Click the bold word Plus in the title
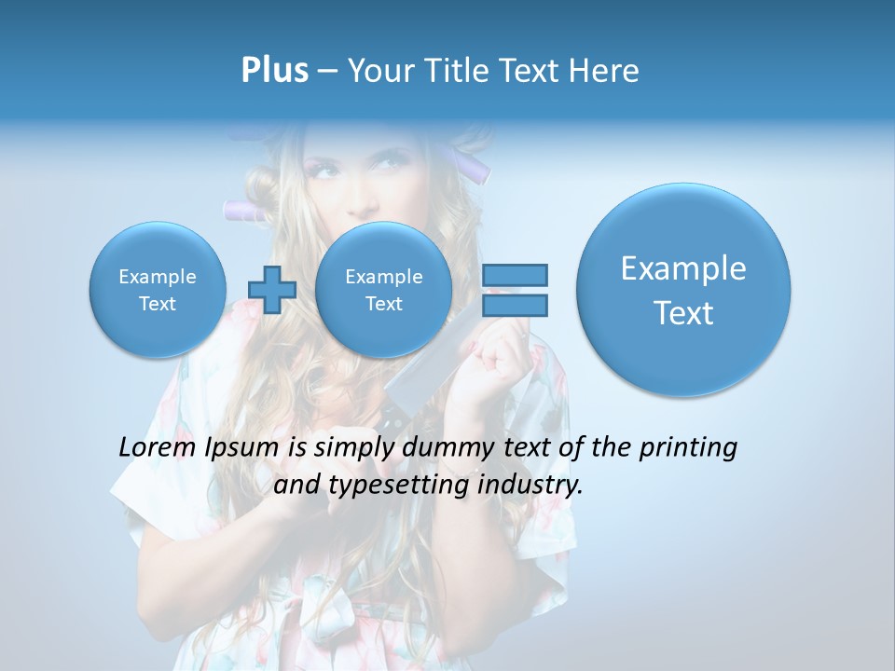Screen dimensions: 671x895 tap(274, 71)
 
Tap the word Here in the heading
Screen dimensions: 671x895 tap(605, 71)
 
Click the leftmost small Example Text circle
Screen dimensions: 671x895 tap(157, 290)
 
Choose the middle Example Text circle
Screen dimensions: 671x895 tap(383, 290)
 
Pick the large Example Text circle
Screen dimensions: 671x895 tap(683, 290)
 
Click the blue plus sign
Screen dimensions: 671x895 tap(271, 289)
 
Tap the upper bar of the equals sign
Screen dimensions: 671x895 tap(514, 275)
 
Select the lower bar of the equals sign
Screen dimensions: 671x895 tap(514, 305)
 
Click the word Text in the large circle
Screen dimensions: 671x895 tap(683, 313)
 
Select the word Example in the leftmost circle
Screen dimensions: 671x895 tap(157, 277)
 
